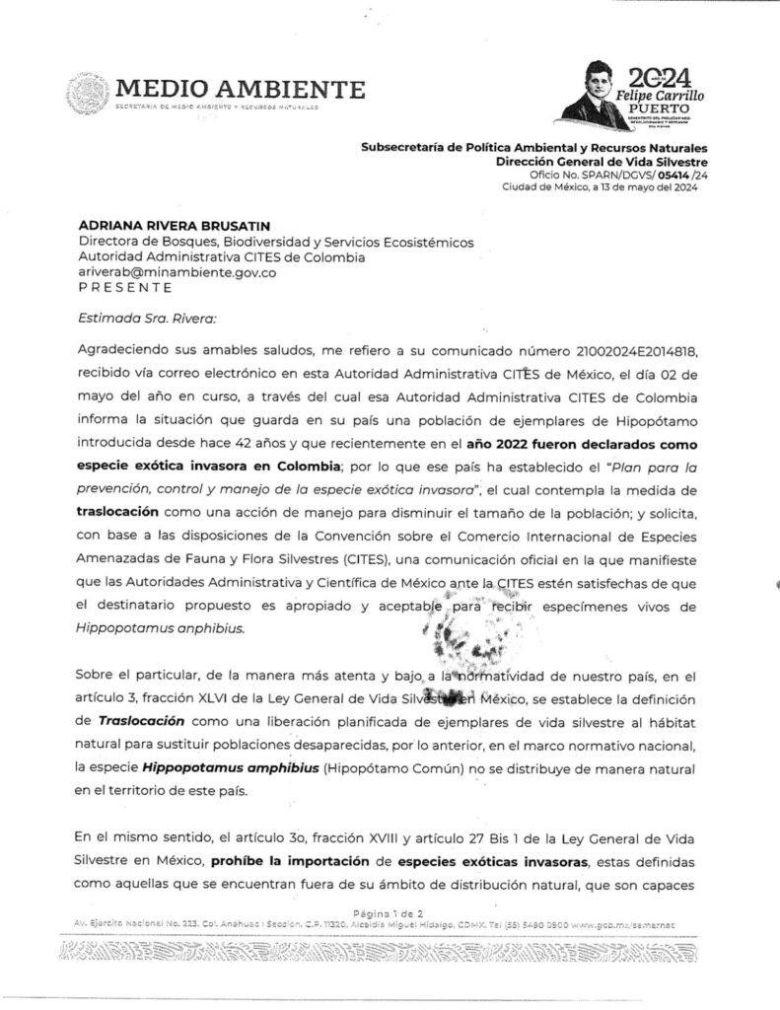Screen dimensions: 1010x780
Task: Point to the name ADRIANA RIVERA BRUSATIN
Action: [x=161, y=226]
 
